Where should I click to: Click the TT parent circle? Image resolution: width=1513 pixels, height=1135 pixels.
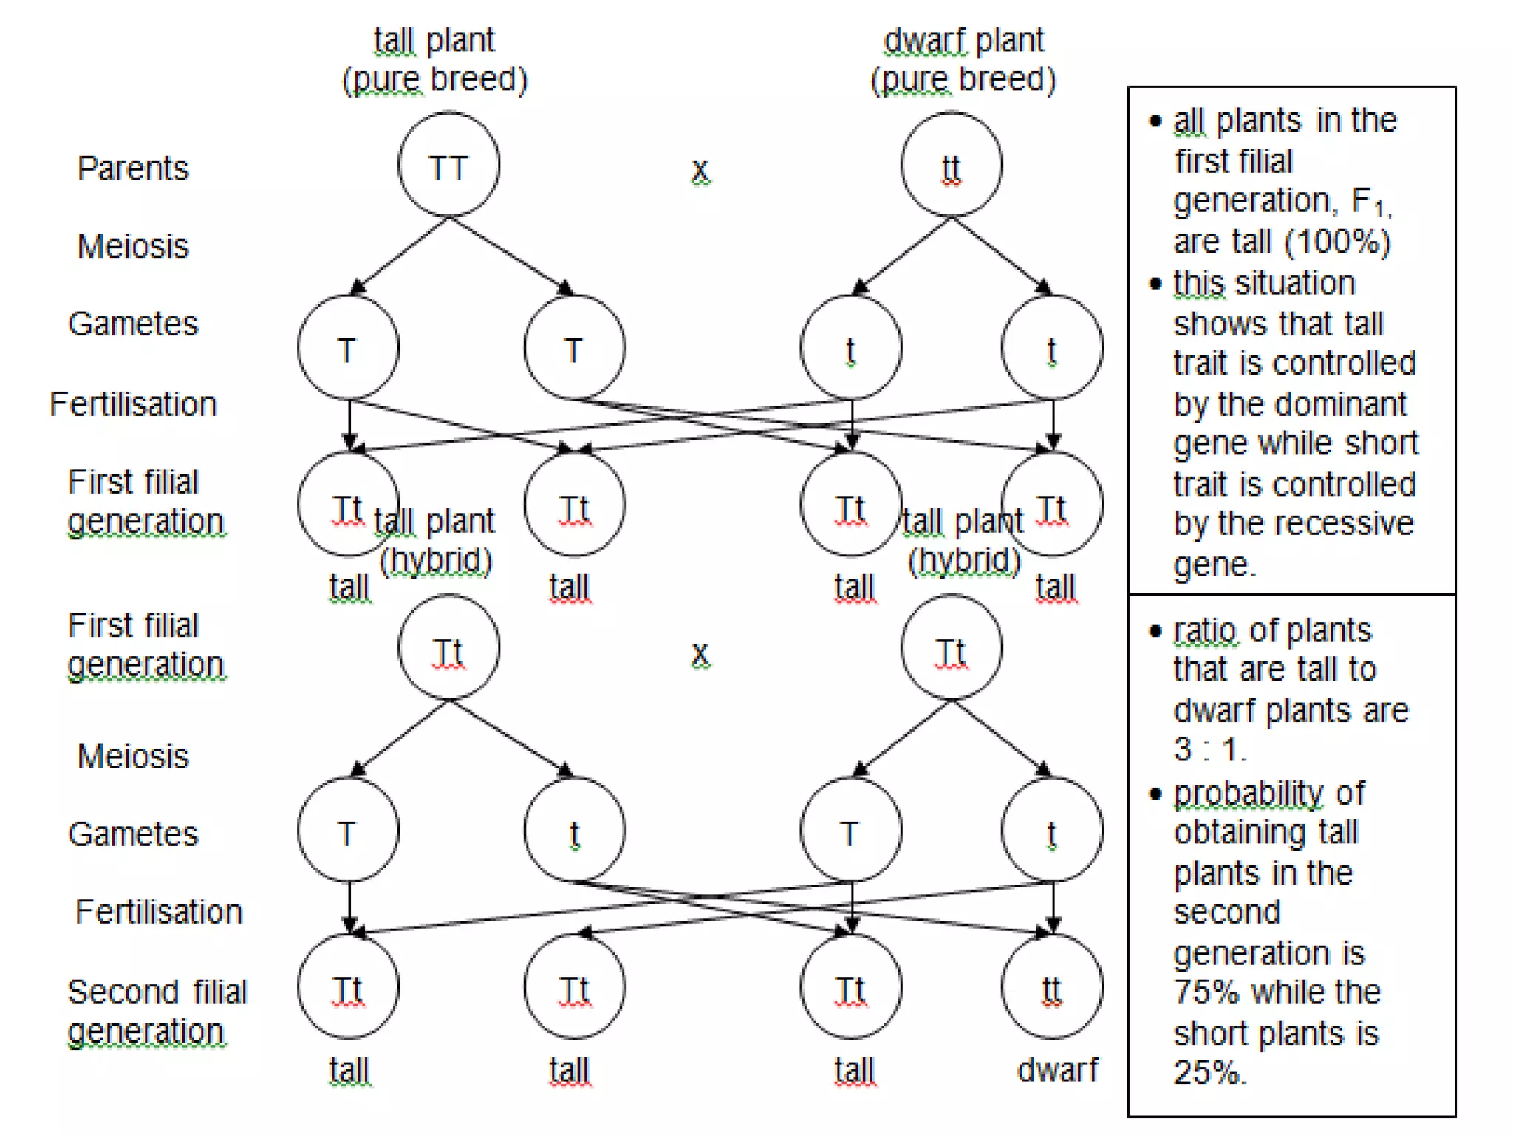coord(448,165)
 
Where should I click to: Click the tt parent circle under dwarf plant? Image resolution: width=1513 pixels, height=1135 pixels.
coord(951,165)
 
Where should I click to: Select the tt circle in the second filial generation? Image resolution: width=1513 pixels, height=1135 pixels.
coord(1051,986)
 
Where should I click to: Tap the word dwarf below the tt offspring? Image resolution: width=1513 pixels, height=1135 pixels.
coord(1057,1069)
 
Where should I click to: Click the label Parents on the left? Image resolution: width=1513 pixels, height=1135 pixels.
coord(133,168)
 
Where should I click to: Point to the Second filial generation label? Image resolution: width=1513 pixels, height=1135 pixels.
coord(157,1011)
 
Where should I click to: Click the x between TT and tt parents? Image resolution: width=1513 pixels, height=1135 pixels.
coord(700,170)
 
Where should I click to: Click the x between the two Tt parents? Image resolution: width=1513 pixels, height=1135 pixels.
coord(700,653)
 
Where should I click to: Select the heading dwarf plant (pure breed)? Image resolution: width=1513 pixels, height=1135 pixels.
coord(963,59)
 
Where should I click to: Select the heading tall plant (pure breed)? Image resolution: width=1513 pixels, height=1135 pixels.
coord(434,59)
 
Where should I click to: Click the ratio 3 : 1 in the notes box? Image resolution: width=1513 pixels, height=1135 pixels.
coord(1209,749)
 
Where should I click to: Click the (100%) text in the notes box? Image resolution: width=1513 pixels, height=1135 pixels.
coord(1337,242)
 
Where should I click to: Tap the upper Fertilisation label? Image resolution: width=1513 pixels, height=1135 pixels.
coord(133,404)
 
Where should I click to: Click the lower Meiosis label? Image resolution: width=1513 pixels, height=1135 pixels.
coord(133,756)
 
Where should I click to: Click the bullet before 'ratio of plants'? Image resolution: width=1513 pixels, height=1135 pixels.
coord(1155,631)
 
